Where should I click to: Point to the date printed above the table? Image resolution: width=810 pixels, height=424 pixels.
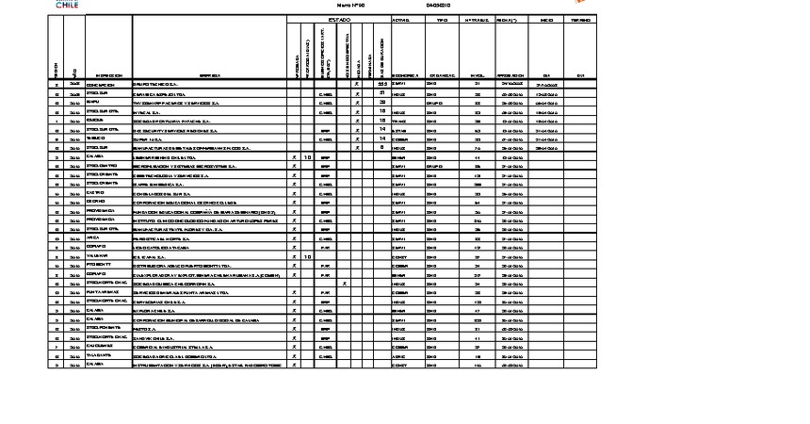tap(439, 6)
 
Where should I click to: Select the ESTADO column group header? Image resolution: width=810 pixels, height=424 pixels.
tap(338, 19)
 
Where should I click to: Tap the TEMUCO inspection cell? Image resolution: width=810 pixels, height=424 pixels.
tap(97, 139)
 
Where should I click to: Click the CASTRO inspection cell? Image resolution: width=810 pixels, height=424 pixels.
tap(95, 193)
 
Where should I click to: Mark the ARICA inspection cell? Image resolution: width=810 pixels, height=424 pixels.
tap(93, 238)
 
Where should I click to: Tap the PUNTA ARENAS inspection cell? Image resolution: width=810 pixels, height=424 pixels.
tap(101, 293)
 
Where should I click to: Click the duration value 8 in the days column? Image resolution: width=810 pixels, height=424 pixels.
tap(381, 148)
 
